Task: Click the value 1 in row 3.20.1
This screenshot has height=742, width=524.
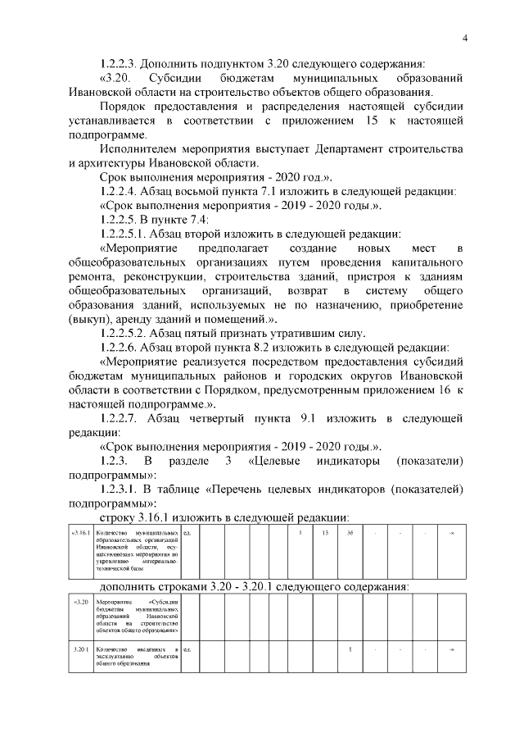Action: tap(350, 649)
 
